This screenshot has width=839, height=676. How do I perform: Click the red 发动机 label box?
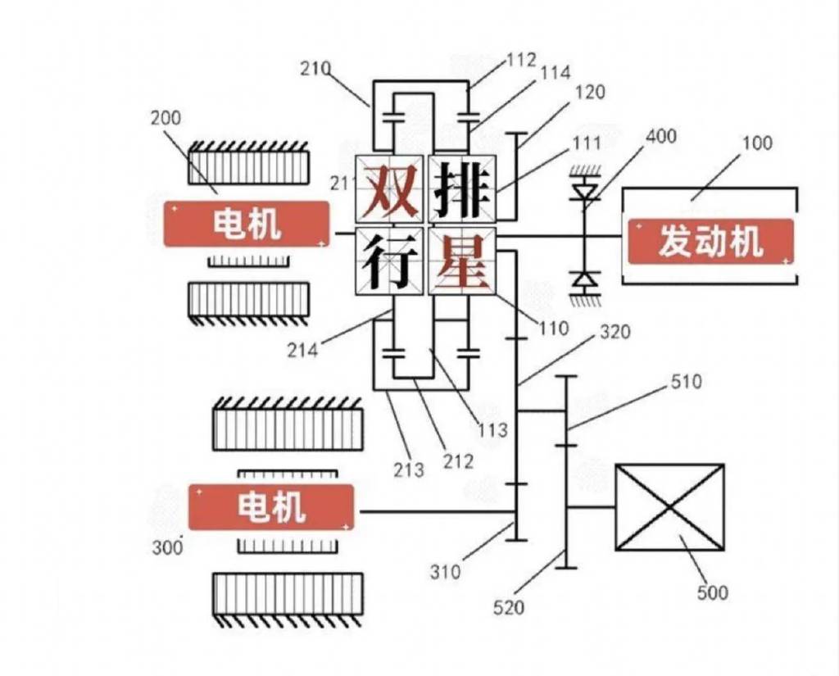(710, 241)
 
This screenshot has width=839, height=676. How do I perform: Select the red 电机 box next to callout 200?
(247, 223)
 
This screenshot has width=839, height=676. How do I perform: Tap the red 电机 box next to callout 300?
(271, 507)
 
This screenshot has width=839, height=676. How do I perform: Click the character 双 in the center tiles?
(390, 190)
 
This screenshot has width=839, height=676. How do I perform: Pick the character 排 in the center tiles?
(463, 189)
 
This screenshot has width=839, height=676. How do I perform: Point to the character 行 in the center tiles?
(390, 262)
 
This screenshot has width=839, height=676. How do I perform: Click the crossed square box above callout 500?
(669, 507)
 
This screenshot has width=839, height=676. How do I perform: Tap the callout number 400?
(661, 135)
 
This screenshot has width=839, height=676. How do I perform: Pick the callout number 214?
(302, 351)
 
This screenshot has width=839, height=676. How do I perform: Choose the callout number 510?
(686, 381)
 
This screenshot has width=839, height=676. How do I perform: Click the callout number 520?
(509, 607)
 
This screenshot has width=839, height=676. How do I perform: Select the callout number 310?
(447, 570)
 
